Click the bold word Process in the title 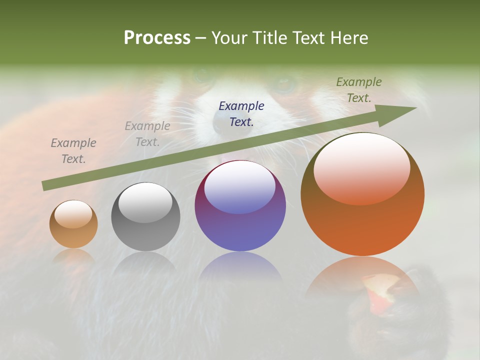point(157,38)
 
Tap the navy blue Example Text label point(241,113)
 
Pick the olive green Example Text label point(359,90)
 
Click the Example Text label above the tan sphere point(73,150)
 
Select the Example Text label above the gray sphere point(147,133)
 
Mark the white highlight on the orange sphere point(361,167)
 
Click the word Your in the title point(228,38)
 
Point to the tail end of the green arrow point(46,185)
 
